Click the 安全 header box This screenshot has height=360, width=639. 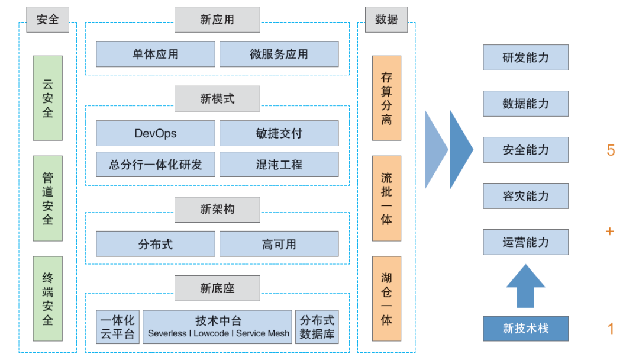pos(47,20)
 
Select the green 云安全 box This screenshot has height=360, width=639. pos(47,98)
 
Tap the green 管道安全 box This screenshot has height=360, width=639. pos(47,198)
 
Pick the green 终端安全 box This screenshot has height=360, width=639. pos(47,298)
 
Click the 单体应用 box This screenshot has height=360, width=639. pos(155,54)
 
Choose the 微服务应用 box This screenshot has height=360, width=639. pos(279,54)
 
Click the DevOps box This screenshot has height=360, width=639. pos(155,133)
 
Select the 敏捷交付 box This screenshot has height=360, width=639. pos(279,133)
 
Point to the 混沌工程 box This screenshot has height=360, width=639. pos(279,165)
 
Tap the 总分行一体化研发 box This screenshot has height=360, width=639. pos(155,165)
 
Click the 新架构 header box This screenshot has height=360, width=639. pos(217,209)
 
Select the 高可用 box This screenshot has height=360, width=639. pos(279,244)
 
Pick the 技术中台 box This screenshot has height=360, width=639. pos(218,327)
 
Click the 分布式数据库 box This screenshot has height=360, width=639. pos(317,327)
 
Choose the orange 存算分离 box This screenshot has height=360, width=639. pos(386,98)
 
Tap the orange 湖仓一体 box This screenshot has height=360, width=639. pos(386,298)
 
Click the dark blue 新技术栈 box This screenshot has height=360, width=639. pos(525,329)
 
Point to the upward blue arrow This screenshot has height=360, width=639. pos(525,286)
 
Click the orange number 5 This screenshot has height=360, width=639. pos(611,150)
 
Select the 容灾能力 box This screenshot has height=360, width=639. pos(525,196)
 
